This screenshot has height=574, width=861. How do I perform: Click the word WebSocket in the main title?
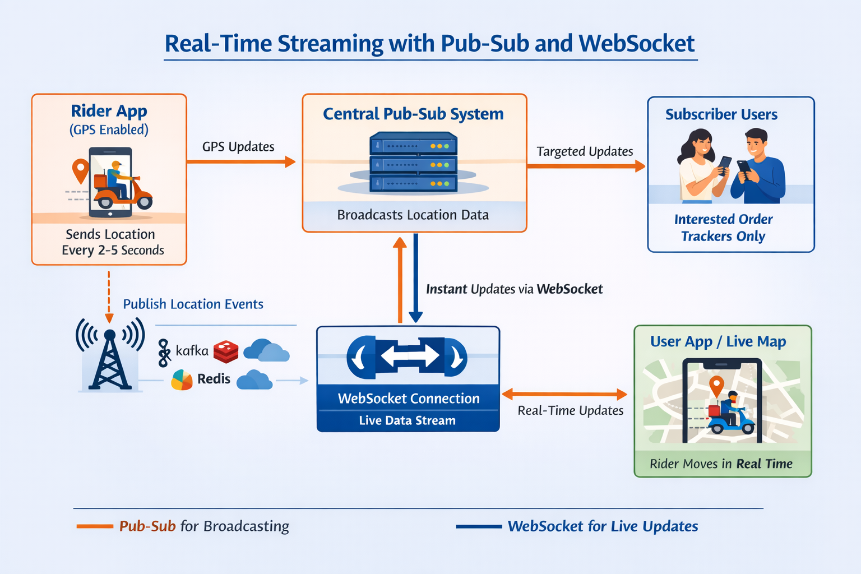[636, 44]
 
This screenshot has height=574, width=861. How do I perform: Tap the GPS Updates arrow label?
[238, 147]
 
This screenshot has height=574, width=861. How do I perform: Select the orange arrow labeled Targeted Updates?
[586, 166]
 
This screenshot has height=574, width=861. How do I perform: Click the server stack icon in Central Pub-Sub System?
[413, 163]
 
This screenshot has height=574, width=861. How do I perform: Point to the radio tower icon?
[110, 359]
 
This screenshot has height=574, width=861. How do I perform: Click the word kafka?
[192, 351]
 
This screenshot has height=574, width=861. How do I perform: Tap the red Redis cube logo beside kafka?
[226, 351]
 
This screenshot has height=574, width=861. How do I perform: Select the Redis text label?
[214, 379]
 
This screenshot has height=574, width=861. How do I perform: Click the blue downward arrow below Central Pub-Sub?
[415, 277]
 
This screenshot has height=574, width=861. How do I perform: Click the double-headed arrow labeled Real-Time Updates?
[564, 394]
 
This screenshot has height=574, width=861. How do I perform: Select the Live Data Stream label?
[408, 420]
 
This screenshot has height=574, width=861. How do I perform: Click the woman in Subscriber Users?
[698, 165]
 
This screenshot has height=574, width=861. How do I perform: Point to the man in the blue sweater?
[758, 168]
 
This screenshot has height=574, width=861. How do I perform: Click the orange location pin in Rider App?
[81, 170]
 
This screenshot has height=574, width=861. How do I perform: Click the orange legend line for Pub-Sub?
[95, 526]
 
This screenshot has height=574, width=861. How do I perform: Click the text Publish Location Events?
[193, 304]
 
